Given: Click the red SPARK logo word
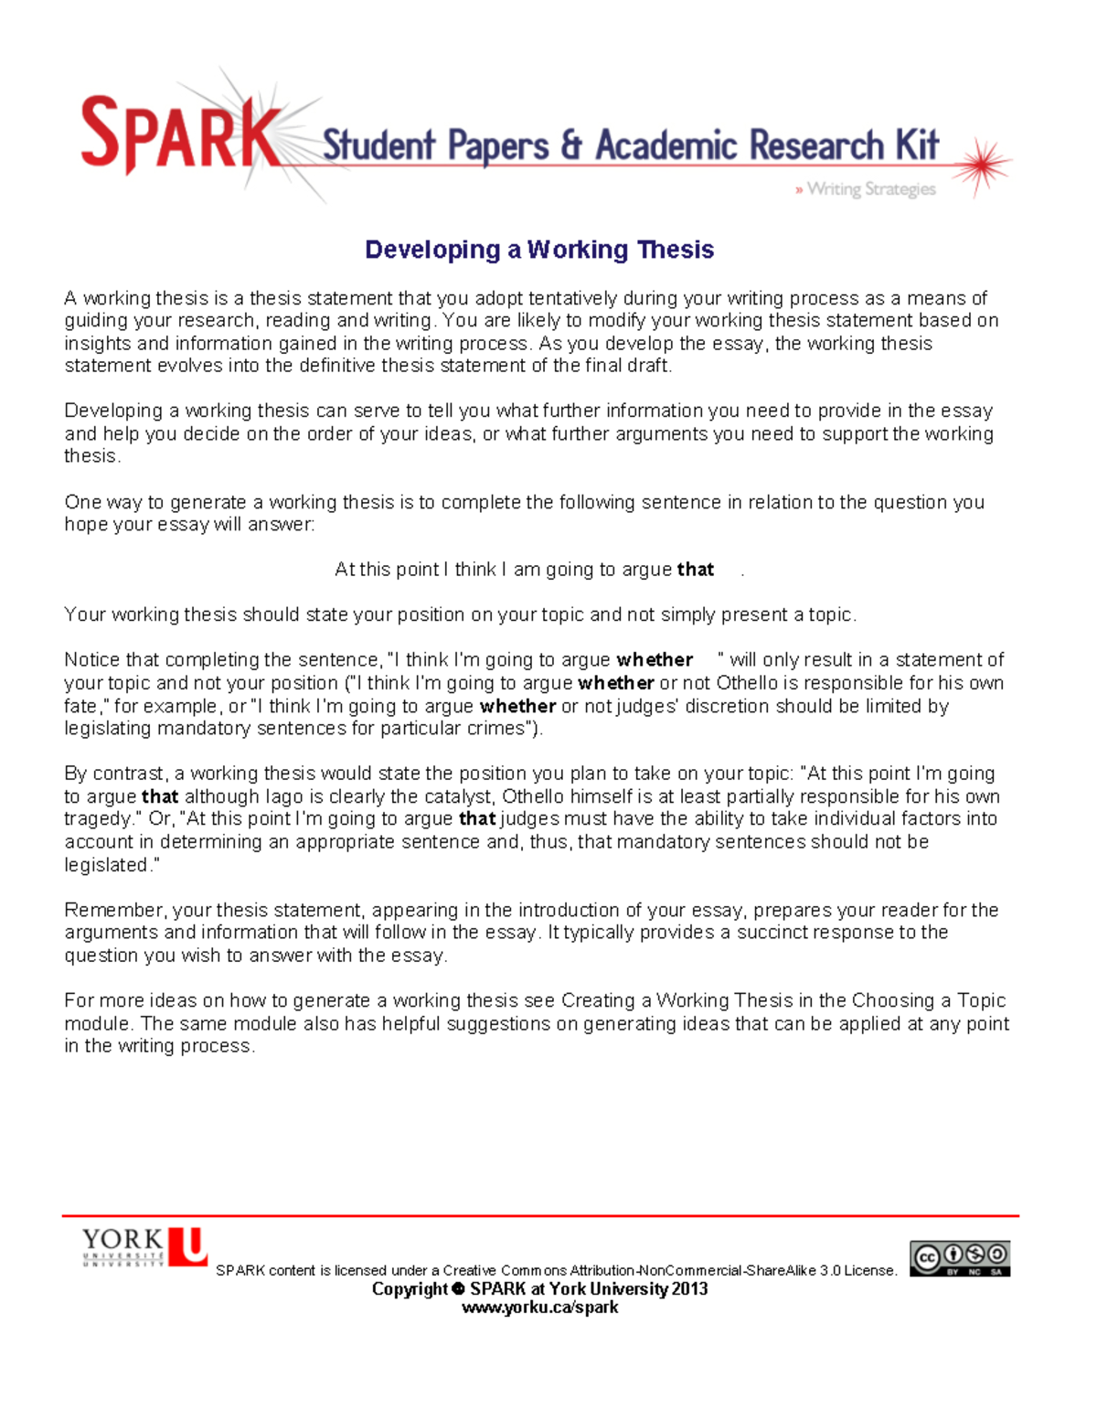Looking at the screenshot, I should (180, 134).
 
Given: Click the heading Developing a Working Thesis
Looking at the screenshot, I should (539, 250).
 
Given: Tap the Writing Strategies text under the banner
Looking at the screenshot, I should (870, 189).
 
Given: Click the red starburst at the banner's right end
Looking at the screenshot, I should (984, 165).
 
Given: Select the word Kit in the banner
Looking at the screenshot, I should (917, 145).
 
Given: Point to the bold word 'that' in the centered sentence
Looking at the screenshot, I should (695, 570).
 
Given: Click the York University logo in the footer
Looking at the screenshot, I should (144, 1247).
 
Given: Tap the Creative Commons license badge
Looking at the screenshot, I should (959, 1258).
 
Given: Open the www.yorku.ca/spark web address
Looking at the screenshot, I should (539, 1308).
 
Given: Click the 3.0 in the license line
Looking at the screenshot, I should (829, 1271).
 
